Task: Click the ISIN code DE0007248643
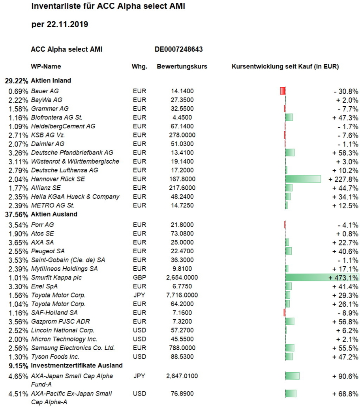click(x=179, y=49)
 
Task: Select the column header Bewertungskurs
click(x=182, y=66)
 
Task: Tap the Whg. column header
click(x=139, y=67)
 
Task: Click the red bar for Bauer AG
click(x=283, y=91)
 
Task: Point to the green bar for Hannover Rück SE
click(x=303, y=179)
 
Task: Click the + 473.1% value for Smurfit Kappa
click(x=343, y=278)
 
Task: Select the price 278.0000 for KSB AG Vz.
click(x=182, y=135)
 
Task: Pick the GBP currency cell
click(x=139, y=277)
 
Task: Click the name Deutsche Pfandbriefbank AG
click(x=72, y=153)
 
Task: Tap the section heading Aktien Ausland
click(x=54, y=214)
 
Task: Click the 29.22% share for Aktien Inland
click(x=16, y=81)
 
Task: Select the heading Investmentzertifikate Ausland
click(x=77, y=366)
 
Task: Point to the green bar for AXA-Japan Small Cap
click(x=292, y=376)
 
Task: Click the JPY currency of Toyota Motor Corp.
click(x=139, y=295)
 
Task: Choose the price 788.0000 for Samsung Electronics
click(x=182, y=348)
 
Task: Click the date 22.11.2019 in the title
click(x=67, y=24)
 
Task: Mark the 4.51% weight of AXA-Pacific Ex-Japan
click(x=18, y=394)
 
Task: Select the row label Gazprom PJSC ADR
click(x=60, y=322)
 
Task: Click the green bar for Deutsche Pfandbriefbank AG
click(x=290, y=153)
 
